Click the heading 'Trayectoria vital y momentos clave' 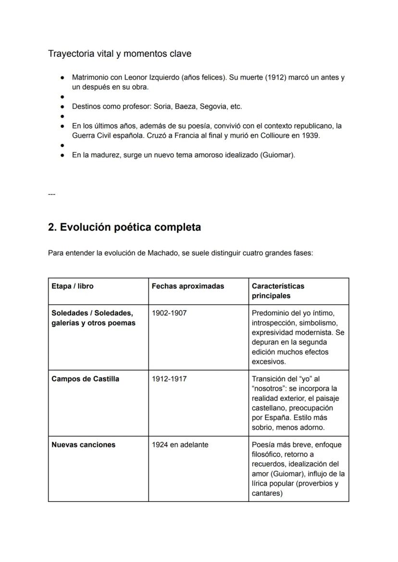119,54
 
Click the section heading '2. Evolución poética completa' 124,227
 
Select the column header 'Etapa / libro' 73,286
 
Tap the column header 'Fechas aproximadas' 187,286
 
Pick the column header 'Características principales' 278,291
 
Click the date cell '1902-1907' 169,313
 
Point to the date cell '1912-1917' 169,379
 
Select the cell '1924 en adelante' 180,445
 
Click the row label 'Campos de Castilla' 85,379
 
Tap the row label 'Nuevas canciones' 83,445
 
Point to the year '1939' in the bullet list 311,136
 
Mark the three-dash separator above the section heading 51,194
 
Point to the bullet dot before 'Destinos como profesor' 62,106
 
